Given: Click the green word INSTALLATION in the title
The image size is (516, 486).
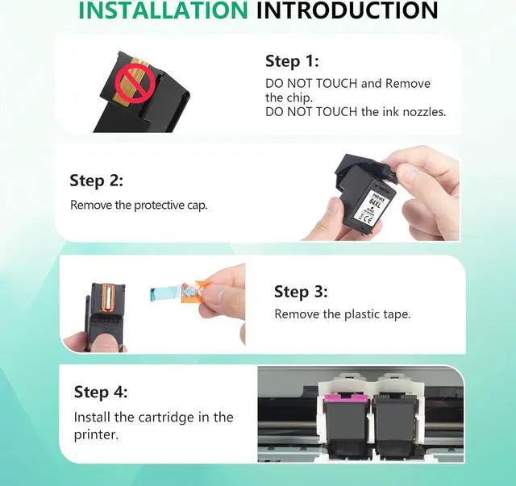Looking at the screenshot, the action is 163,10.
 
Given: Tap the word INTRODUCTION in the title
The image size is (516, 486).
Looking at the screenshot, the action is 347,10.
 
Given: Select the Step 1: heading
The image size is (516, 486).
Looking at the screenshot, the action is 292,61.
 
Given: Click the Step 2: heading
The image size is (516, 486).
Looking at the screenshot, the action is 96,181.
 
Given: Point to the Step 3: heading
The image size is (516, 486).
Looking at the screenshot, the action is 301,292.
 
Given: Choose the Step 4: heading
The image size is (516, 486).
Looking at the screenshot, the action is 100,392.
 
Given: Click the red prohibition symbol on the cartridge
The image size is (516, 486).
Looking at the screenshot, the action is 135,84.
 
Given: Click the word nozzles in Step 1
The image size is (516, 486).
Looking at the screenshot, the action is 424,112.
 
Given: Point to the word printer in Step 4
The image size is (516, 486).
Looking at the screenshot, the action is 96,435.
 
